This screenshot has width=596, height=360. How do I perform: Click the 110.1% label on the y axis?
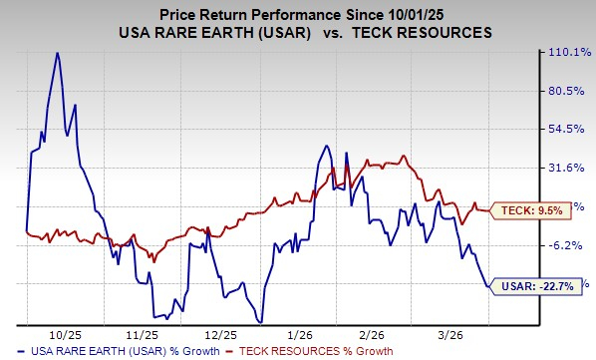pos(570,53)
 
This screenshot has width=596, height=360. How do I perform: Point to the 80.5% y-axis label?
pos(570,91)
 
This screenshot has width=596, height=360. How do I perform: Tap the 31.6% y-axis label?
pos(570,169)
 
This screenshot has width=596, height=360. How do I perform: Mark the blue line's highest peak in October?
pos(57,52)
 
